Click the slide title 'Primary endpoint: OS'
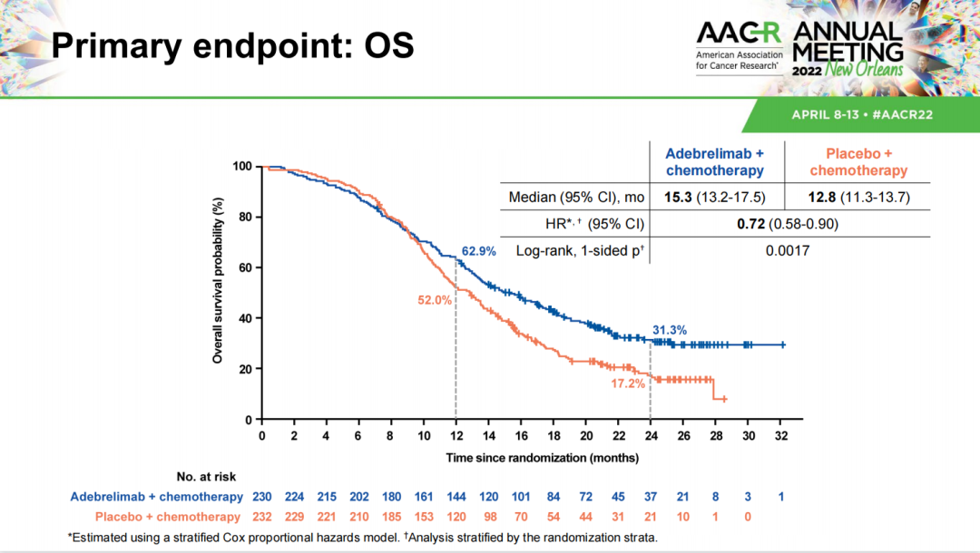coord(232,46)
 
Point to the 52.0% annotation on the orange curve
coord(435,299)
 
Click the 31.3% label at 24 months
coord(669,330)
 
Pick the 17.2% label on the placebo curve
coord(627,383)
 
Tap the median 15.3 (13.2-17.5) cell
coord(715,197)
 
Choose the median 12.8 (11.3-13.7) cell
coord(858,197)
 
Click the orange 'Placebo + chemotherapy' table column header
coord(858,162)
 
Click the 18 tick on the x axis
coord(554,436)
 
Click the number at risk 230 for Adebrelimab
coord(261,497)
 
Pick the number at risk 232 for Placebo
coord(261,517)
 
